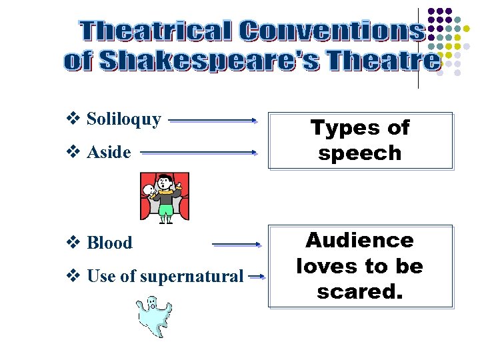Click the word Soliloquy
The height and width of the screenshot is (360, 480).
point(124,120)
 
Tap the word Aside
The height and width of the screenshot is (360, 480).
point(109,153)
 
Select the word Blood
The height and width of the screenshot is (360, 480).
point(109,243)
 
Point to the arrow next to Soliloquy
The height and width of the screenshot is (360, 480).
point(213,121)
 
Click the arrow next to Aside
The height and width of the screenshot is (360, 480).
point(199,152)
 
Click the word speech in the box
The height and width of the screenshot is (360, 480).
point(360,153)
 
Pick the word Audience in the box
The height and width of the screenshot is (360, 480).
point(360,240)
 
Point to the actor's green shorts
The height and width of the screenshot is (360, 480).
point(165,210)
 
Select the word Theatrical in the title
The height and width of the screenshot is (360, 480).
point(155,31)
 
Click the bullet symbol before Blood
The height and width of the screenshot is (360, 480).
point(74,243)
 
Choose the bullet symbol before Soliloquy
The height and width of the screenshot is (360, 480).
point(74,120)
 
